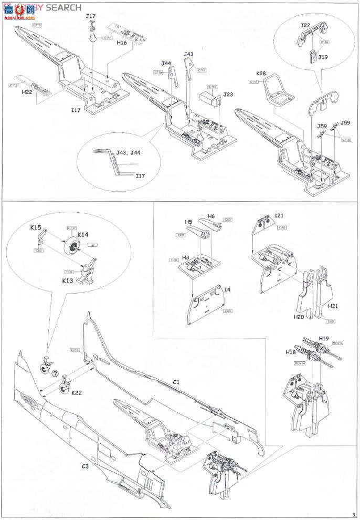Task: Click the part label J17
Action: [91, 17]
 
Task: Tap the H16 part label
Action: [122, 43]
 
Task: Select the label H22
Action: [27, 92]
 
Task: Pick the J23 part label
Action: [228, 95]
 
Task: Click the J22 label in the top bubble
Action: [305, 26]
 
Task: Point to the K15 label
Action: [36, 228]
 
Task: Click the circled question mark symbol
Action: [55, 373]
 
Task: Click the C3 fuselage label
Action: [85, 466]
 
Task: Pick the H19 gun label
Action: [323, 339]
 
